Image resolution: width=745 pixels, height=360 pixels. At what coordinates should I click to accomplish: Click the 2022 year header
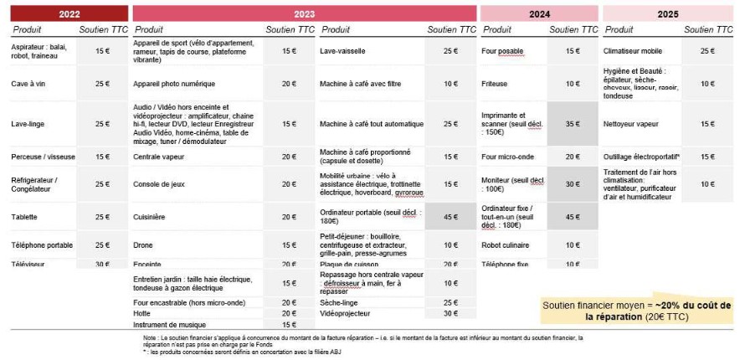click(x=65, y=13)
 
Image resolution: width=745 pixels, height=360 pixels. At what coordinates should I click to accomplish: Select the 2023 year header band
click(x=304, y=13)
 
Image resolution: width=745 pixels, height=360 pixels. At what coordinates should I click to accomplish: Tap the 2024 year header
click(x=538, y=13)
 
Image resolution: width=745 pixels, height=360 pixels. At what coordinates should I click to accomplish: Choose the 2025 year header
click(x=667, y=13)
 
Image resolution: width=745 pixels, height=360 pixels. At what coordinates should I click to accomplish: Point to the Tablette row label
click(x=25, y=217)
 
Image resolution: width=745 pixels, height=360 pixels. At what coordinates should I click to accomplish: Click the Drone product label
click(x=143, y=245)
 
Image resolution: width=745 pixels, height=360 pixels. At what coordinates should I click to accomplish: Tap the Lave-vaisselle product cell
click(x=342, y=51)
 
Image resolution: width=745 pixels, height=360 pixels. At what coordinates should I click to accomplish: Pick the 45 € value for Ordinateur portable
click(x=450, y=217)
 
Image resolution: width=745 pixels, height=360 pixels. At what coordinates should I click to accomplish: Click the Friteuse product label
click(x=495, y=84)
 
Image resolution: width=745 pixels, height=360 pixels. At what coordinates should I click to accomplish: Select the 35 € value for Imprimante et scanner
click(x=573, y=123)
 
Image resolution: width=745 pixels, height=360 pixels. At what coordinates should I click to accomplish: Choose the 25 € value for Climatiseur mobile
click(x=707, y=51)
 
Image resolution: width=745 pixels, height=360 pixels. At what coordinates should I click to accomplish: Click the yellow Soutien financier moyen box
click(x=636, y=311)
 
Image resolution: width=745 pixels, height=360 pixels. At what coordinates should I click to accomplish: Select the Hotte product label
click(x=142, y=313)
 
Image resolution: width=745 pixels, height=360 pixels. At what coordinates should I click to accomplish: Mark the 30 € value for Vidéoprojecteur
click(x=450, y=313)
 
